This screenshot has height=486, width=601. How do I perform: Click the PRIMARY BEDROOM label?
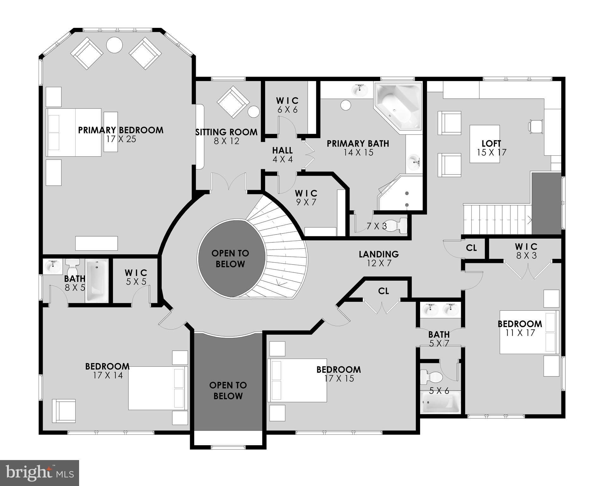pos(121,130)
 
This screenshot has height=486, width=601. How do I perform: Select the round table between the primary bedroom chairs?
pos(114,46)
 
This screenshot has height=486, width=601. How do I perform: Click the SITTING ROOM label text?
pos(226,132)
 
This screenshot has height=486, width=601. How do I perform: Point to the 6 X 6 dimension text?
pos(288,110)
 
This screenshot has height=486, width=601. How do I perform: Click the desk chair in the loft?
pos(536,126)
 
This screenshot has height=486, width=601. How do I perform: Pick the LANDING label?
pos(379,254)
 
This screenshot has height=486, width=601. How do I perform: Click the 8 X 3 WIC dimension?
pos(526,255)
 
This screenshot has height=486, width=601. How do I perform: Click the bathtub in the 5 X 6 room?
pos(440,402)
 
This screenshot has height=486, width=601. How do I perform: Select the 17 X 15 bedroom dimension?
pos(339,378)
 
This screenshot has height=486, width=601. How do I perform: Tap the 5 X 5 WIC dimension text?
pos(136,282)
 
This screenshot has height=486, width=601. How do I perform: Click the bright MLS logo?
pos(40,473)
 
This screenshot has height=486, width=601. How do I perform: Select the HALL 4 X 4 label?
pos(282,154)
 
